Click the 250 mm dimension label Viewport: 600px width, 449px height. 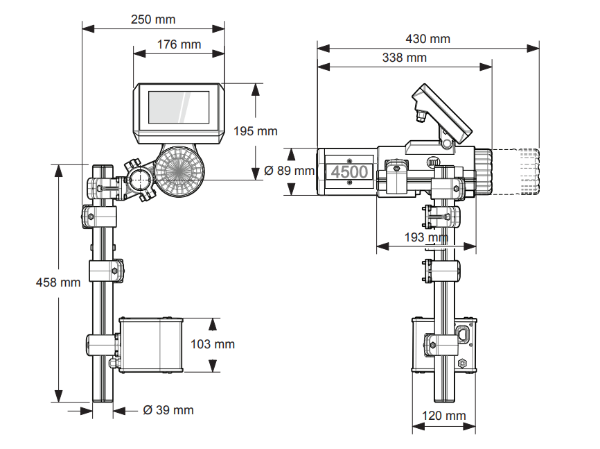click(153, 19)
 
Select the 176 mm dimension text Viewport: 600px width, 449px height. click(179, 44)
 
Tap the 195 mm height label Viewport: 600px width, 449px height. click(255, 130)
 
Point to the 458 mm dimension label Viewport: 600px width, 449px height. click(58, 282)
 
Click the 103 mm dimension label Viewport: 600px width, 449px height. click(213, 344)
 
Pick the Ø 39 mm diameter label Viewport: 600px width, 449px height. click(168, 410)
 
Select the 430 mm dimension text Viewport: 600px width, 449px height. click(427, 39)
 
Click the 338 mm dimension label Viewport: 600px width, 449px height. click(404, 58)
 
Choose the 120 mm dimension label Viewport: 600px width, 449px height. click(444, 416)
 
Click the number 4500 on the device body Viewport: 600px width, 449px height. click(349, 171)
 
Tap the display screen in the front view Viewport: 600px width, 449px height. click(179, 107)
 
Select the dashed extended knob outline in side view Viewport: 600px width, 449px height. click(516, 171)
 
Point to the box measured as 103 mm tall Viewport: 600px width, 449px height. click(150, 345)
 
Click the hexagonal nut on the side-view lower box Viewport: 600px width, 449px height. click(462, 363)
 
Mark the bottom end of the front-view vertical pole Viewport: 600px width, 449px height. click(103, 398)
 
